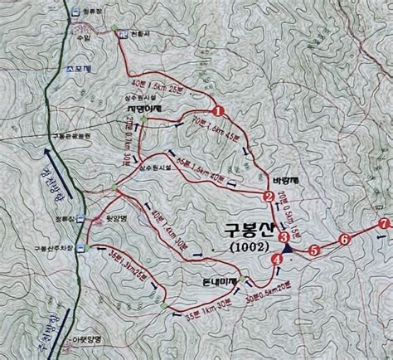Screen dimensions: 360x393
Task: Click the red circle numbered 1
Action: [x=217, y=110]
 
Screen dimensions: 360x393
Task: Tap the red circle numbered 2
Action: [x=268, y=197]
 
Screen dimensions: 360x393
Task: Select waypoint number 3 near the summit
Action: [x=284, y=237]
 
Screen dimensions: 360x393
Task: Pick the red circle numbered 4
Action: [x=277, y=259]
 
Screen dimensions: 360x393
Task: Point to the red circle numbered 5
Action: [x=313, y=249]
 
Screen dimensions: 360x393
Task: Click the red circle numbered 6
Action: [x=344, y=240]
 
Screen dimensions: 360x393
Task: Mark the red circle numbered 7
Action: [x=382, y=224]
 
